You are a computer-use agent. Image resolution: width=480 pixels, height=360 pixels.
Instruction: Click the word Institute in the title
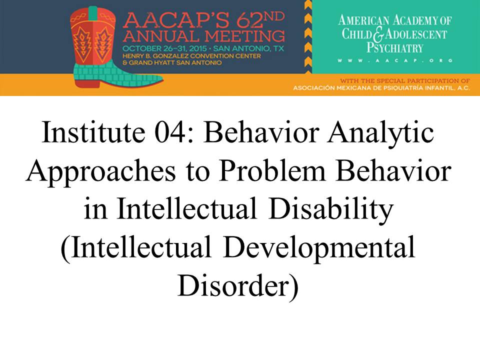[x=93, y=132]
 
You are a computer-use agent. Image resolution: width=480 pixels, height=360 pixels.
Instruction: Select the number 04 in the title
[x=170, y=132]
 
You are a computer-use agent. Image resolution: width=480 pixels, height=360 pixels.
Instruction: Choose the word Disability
[x=331, y=209]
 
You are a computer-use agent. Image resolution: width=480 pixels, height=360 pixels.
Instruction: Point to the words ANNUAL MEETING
[x=203, y=36]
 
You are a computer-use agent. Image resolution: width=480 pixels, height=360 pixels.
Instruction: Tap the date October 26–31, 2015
[x=164, y=48]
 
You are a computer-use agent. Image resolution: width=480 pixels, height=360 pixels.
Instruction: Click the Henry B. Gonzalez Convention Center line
[x=191, y=56]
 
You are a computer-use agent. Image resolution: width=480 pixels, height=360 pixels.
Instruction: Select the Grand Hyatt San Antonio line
[x=171, y=63]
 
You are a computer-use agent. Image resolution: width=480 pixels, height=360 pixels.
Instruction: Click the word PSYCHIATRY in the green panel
[x=395, y=48]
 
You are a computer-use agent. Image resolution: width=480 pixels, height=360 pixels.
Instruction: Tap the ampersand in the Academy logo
[x=378, y=34]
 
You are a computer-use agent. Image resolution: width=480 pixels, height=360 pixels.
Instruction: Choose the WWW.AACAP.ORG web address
[x=395, y=60]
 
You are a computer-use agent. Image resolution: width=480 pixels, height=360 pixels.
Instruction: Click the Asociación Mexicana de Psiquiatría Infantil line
[x=381, y=88]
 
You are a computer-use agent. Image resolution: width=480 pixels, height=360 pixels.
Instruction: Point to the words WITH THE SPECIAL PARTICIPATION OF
[x=405, y=81]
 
